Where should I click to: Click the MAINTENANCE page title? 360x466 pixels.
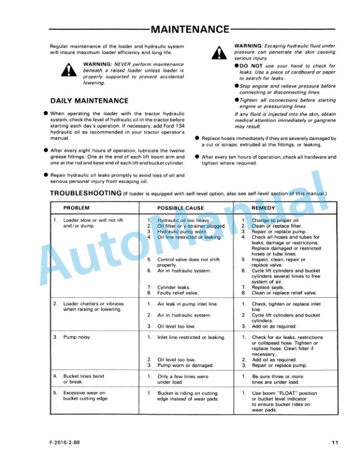pos(189,29)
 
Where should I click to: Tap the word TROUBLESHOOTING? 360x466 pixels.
pos(86,194)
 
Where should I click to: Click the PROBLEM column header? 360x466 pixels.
pos(77,208)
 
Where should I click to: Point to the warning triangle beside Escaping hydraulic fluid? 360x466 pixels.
pos(220,53)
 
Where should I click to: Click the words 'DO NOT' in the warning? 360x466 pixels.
pos(251,65)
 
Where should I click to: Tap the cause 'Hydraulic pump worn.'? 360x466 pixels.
pos(183,232)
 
